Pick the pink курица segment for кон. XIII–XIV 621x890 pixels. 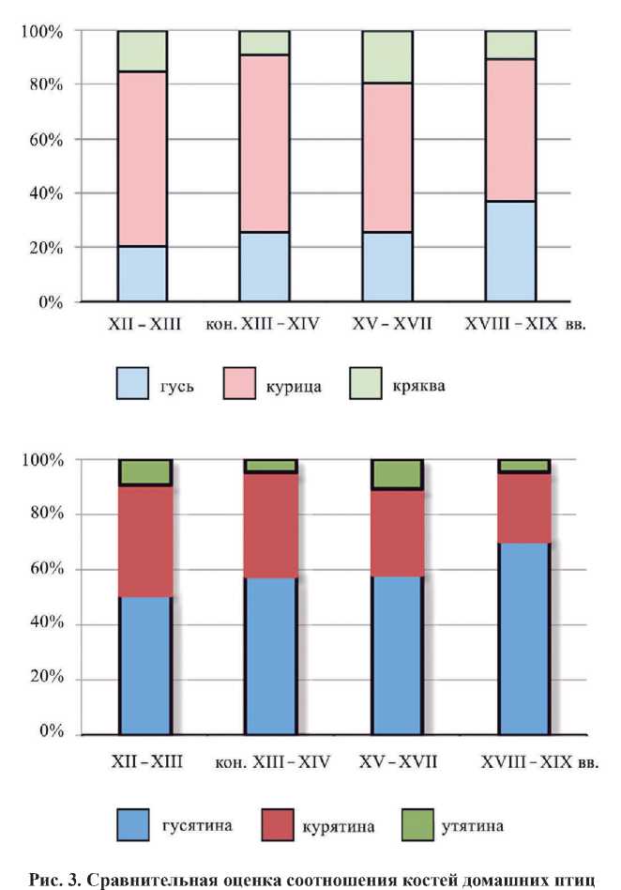264,144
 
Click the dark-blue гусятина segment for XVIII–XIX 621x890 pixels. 523,638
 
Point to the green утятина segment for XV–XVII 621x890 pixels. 397,474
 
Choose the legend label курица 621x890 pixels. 295,386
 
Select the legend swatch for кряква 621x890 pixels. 370,385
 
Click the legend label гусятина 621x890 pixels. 199,826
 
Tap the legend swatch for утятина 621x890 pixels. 414,826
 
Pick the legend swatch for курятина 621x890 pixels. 275,826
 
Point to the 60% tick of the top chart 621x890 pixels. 43,139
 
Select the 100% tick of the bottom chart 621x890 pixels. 42,460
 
